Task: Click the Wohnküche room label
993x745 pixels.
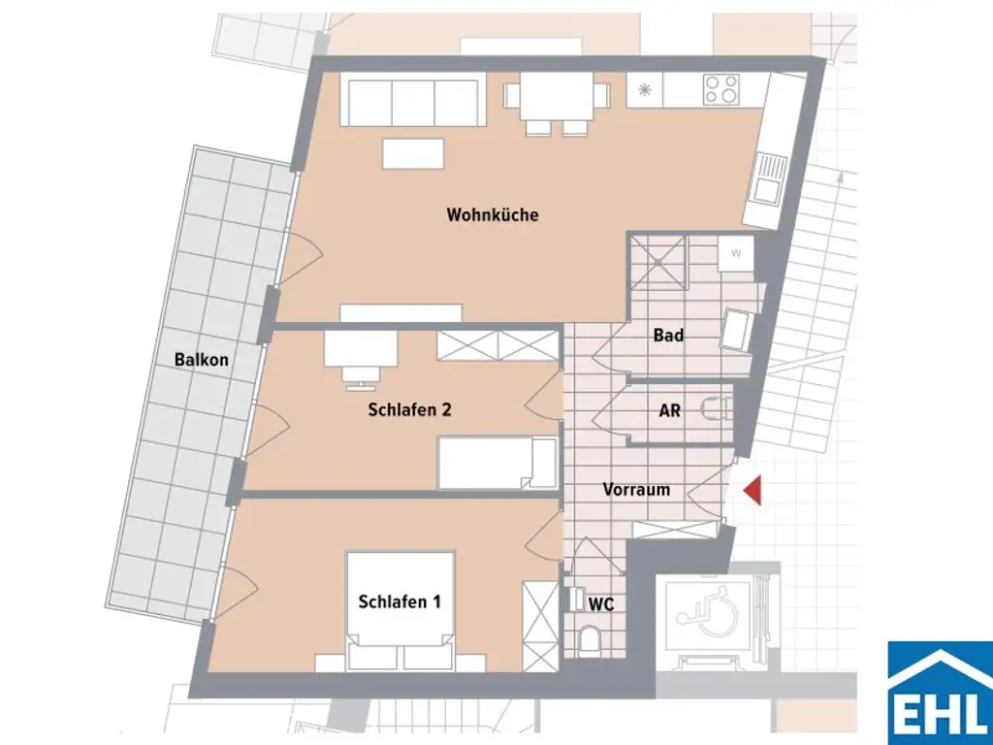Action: [x=492, y=214]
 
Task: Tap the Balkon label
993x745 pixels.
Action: [x=202, y=360]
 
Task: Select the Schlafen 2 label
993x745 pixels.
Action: [x=409, y=409]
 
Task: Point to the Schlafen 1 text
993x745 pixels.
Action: [x=400, y=601]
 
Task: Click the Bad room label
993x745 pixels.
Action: [x=668, y=336]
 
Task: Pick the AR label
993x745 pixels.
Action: [x=669, y=410]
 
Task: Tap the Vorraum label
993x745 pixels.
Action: [x=636, y=489]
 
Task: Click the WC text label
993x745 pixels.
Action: [x=601, y=603]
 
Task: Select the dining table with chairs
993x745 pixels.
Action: [x=556, y=100]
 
